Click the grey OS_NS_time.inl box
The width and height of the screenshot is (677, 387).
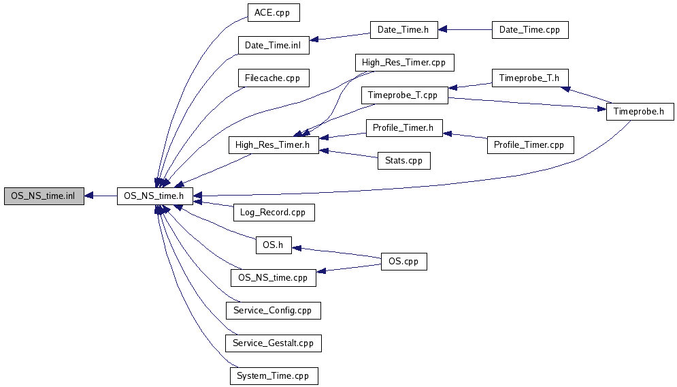(44, 196)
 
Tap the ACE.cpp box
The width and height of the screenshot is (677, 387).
(273, 13)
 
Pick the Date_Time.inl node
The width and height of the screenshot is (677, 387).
(273, 46)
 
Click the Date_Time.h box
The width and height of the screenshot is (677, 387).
(403, 29)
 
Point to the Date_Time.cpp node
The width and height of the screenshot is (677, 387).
(529, 29)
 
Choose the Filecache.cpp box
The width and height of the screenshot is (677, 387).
(273, 78)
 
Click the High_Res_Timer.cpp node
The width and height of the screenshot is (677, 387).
(403, 62)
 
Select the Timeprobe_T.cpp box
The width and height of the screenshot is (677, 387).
(403, 95)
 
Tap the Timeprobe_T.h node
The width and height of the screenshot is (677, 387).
(529, 78)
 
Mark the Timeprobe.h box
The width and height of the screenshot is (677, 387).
(639, 111)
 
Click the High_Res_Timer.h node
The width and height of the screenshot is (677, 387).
(273, 144)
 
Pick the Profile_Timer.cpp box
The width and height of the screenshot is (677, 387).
(529, 144)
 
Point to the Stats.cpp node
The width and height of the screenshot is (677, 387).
(403, 161)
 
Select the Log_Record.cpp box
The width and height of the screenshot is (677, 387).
(273, 212)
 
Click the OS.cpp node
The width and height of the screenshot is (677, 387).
(403, 261)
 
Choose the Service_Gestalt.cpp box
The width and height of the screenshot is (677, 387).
(273, 343)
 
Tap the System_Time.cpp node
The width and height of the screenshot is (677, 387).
(273, 375)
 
